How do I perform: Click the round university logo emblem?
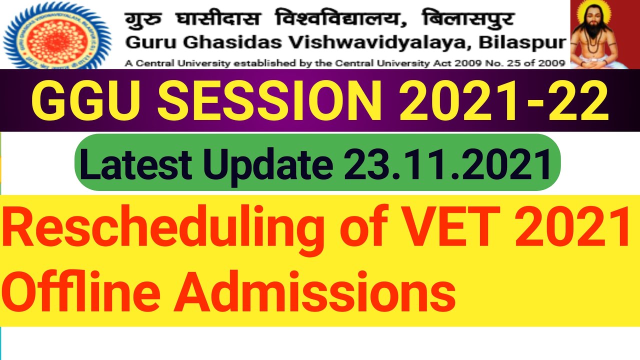click(56, 34)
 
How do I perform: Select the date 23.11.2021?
click(443, 162)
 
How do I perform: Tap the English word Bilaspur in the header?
click(522, 43)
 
